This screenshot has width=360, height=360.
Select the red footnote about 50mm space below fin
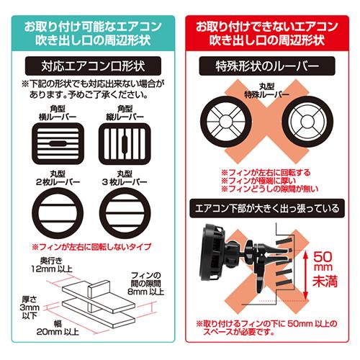pos(269,330)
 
